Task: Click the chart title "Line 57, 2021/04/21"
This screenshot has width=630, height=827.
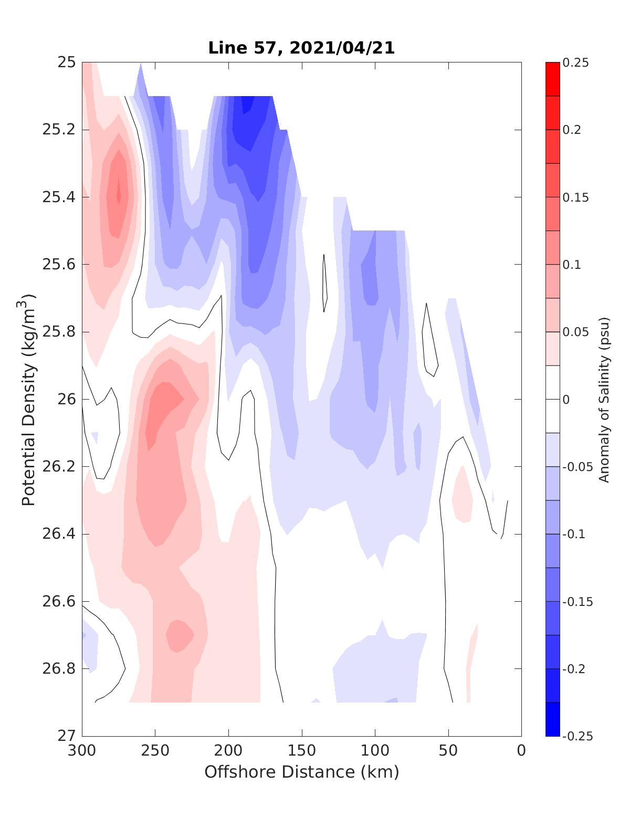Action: coord(301,48)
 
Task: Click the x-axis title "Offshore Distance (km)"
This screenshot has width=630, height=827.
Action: coord(301,772)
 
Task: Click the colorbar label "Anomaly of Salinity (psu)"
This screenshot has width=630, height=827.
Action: coord(604,399)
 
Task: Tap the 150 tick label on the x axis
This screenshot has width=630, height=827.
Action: coord(302,751)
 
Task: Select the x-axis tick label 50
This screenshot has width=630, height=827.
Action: coord(448,751)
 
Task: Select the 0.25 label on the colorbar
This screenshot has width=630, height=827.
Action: coord(575,62)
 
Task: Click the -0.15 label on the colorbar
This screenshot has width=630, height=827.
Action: coord(577,601)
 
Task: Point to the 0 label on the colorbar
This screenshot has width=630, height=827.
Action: coord(566,400)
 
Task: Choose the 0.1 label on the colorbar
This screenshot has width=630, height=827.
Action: coord(572,265)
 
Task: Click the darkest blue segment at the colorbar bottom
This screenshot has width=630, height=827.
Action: coord(552,719)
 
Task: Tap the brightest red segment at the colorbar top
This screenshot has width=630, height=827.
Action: coord(552,79)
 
